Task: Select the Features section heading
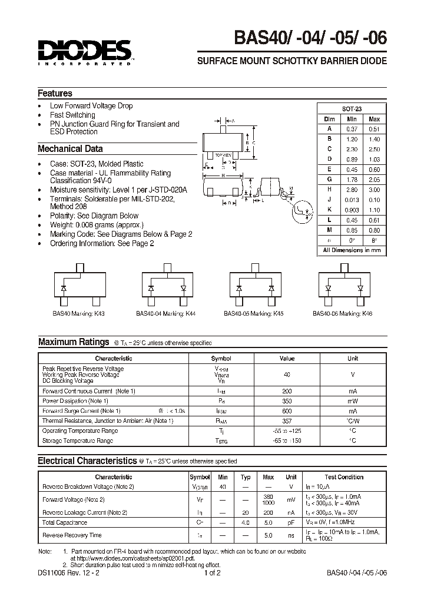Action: tap(55, 93)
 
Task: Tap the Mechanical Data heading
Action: tap(70, 149)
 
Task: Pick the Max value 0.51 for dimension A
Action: tap(374, 129)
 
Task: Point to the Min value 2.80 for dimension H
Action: tap(352, 189)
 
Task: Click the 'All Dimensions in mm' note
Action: tap(352, 250)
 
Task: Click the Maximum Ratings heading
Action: tap(74, 342)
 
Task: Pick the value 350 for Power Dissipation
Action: tap(287, 400)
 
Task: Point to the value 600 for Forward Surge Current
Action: tap(287, 410)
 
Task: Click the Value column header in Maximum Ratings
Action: tap(287, 358)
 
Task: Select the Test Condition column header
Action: tap(344, 477)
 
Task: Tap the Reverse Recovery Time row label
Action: tap(72, 535)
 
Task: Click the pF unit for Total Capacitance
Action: tap(291, 522)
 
